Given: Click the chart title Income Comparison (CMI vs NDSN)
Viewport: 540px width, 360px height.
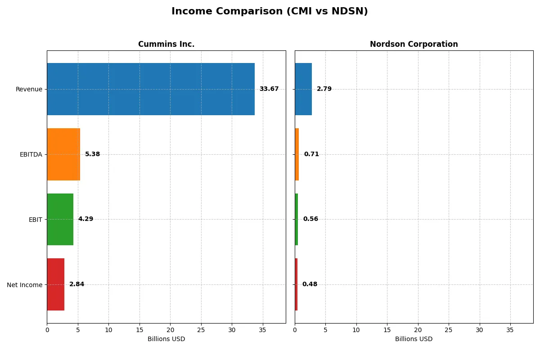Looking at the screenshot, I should tap(270, 11).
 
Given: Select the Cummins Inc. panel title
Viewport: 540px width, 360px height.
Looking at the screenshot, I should tap(166, 44).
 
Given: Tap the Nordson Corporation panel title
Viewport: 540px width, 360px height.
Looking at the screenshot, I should tap(414, 44).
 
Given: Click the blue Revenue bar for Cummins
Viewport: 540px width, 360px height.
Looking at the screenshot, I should tap(151, 89).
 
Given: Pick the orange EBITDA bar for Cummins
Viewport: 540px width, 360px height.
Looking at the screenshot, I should tap(63, 154).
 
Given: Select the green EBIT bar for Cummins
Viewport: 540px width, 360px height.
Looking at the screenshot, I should tap(60, 220).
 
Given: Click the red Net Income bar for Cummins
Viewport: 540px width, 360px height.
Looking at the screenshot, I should tap(55, 284).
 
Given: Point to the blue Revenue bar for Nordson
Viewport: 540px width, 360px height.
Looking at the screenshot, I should tap(303, 89).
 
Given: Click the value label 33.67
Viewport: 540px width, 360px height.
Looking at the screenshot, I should tap(269, 89).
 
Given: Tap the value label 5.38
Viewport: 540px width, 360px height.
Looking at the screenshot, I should tap(92, 154).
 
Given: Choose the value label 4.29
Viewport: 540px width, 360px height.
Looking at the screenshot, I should tap(85, 219).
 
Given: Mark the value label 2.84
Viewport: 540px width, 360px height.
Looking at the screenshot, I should tap(76, 284).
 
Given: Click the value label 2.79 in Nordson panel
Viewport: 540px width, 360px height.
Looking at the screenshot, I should tap(324, 89).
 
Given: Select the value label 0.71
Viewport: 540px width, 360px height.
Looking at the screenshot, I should tap(311, 154).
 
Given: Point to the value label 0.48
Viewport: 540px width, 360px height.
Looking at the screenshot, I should tap(310, 284).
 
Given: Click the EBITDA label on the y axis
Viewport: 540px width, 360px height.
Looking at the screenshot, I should tap(31, 154).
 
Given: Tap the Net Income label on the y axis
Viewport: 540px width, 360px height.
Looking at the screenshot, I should tap(24, 285).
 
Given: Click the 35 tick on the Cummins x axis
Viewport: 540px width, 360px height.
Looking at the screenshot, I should tap(262, 330).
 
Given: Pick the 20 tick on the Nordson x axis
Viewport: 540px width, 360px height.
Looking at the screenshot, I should tap(418, 330).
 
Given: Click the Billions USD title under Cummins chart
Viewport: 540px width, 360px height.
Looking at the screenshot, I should tap(166, 339).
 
